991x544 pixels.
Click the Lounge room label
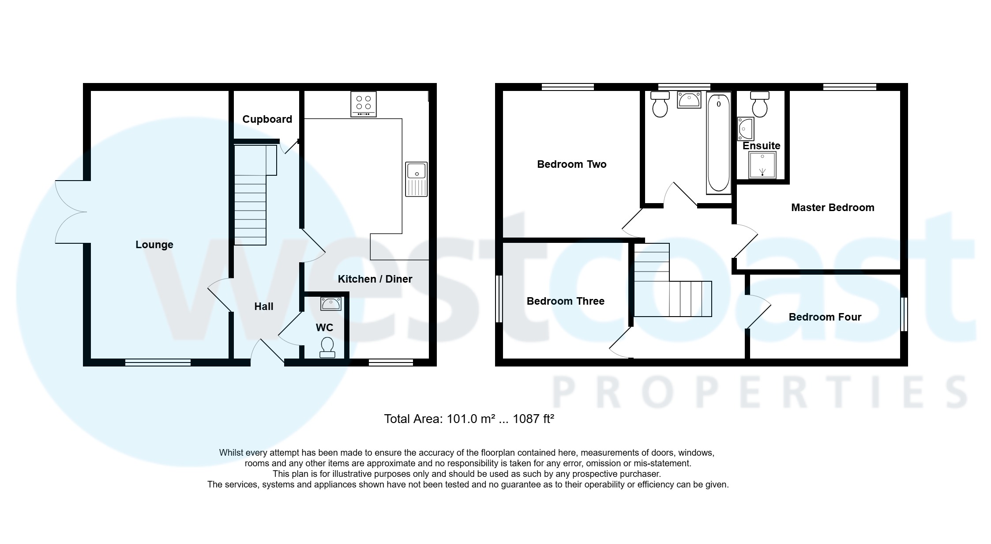[x=154, y=245]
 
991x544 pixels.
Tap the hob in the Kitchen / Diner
[x=364, y=104]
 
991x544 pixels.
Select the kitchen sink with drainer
[x=417, y=179]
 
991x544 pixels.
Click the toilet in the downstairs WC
[x=327, y=348]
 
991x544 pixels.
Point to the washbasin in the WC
[x=330, y=303]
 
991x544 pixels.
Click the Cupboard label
[x=267, y=119]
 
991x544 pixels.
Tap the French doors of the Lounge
[x=71, y=212]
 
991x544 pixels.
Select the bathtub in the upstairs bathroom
[x=718, y=143]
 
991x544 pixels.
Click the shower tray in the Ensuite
[x=762, y=165]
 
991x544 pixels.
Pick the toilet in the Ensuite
[x=759, y=104]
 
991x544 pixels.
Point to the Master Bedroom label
[x=832, y=208]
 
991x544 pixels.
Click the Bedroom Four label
[x=825, y=317]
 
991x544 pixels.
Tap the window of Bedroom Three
[x=499, y=299]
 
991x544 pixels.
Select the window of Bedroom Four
[x=904, y=314]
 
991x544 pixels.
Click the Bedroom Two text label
[x=571, y=164]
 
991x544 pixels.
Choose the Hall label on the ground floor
[x=263, y=306]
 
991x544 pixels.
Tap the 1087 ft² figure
[x=533, y=419]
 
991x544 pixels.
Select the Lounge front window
[x=158, y=363]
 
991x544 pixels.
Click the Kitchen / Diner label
[x=375, y=279]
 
